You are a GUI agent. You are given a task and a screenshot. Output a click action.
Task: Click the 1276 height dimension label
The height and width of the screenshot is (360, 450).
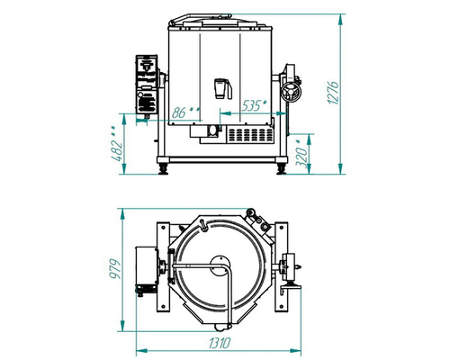tap(333, 93)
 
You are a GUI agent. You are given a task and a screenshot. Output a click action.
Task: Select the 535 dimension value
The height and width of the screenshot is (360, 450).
tap(250, 105)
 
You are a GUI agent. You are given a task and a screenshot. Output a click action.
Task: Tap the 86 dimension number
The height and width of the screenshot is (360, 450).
tap(179, 112)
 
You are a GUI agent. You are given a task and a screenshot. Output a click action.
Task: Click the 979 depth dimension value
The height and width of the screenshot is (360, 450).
tap(115, 269)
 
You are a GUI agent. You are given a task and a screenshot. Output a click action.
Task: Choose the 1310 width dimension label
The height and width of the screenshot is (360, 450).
tap(220, 343)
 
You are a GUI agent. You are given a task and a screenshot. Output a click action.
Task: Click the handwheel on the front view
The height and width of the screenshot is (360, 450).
tap(291, 92)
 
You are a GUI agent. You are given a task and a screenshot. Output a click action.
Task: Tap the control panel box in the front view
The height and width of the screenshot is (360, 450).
tap(147, 85)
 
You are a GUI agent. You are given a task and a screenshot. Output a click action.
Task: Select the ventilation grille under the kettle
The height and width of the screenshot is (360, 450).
tap(251, 135)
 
